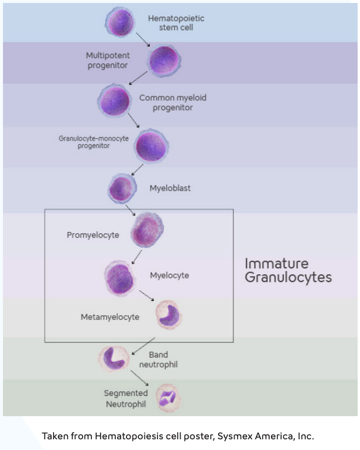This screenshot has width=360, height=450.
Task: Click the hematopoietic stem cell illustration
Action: point(121,23)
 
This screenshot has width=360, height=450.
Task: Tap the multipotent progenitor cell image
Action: point(163,60)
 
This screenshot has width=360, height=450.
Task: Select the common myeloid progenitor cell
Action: point(113,101)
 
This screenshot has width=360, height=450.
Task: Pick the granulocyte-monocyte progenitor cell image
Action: point(151,145)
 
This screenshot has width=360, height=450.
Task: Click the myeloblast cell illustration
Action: point(122,189)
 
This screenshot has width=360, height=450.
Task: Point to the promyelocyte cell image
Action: point(146,230)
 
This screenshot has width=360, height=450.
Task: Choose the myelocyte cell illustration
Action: point(121,276)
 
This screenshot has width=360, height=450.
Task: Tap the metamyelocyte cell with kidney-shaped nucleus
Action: point(169,315)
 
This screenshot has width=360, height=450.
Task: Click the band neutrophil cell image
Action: point(113,358)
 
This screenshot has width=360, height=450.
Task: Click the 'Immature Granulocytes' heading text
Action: point(288,270)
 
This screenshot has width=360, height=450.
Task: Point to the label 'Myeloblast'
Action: point(170,188)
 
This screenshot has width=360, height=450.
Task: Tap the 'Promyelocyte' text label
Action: point(93,235)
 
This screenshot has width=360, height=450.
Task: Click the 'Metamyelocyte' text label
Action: point(110,317)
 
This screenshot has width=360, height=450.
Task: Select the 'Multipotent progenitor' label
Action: point(108,60)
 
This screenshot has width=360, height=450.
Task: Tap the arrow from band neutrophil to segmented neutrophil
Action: point(139,377)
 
